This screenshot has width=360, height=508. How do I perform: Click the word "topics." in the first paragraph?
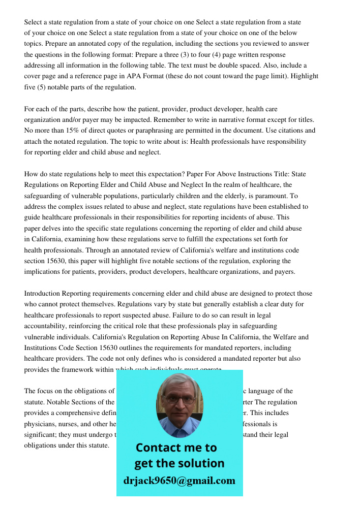pos(35,44)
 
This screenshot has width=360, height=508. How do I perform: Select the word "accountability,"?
pos(48,326)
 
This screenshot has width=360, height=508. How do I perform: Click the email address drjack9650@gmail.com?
pos(179,481)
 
